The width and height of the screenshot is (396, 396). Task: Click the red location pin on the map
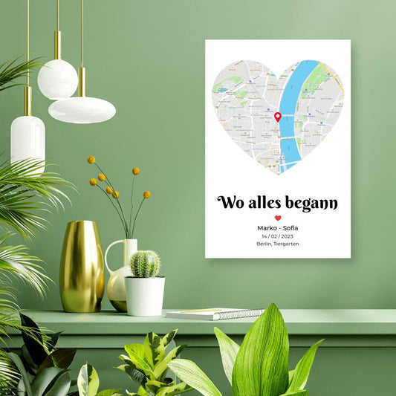[x=278, y=116]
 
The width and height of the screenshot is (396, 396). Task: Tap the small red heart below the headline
[x=278, y=218]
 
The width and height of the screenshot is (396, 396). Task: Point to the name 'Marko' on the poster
[x=266, y=227]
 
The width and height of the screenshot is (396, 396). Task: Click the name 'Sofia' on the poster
[x=290, y=227]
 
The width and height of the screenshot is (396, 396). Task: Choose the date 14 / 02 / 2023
[x=277, y=236]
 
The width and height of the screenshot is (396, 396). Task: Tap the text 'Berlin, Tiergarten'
[x=277, y=244]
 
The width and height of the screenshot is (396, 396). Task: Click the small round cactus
[x=145, y=264]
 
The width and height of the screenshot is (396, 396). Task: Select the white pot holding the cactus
[x=145, y=295]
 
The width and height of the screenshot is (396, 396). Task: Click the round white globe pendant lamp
[x=57, y=79]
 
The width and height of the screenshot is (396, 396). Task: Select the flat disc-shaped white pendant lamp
[x=82, y=109]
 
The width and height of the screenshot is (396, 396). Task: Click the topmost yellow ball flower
[x=91, y=160]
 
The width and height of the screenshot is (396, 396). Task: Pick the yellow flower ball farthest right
[x=147, y=195]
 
